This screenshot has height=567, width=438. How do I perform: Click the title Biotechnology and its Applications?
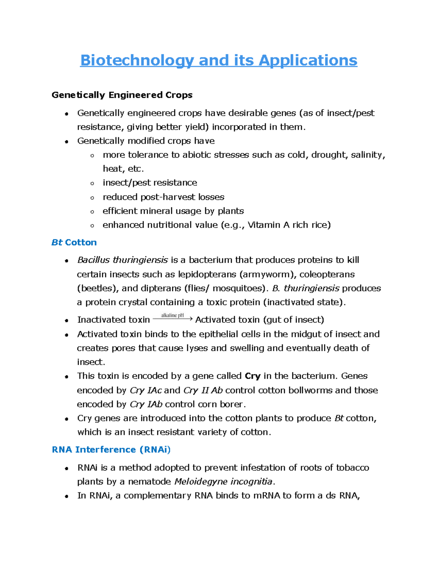pyautogui.click(x=219, y=60)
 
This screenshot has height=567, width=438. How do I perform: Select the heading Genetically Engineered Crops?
pyautogui.click(x=122, y=95)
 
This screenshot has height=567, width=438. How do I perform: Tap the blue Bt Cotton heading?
pyautogui.click(x=74, y=242)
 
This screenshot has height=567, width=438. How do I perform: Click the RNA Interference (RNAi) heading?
pyautogui.click(x=111, y=449)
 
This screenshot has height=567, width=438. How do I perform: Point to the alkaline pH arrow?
pyautogui.click(x=172, y=318)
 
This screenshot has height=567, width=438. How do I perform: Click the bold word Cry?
pyautogui.click(x=252, y=376)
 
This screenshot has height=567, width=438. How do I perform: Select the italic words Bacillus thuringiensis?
pyautogui.click(x=122, y=260)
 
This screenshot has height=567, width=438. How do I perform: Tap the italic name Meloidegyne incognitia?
pyautogui.click(x=223, y=482)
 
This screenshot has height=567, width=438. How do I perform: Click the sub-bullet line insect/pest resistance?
pyautogui.click(x=150, y=183)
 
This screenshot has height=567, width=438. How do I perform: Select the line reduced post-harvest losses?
pyautogui.click(x=163, y=197)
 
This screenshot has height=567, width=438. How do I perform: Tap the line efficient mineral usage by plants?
pyautogui.click(x=173, y=211)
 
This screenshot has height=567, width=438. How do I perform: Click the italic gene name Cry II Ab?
pyautogui.click(x=203, y=390)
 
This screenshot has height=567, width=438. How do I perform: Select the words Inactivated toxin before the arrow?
pyautogui.click(x=114, y=320)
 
